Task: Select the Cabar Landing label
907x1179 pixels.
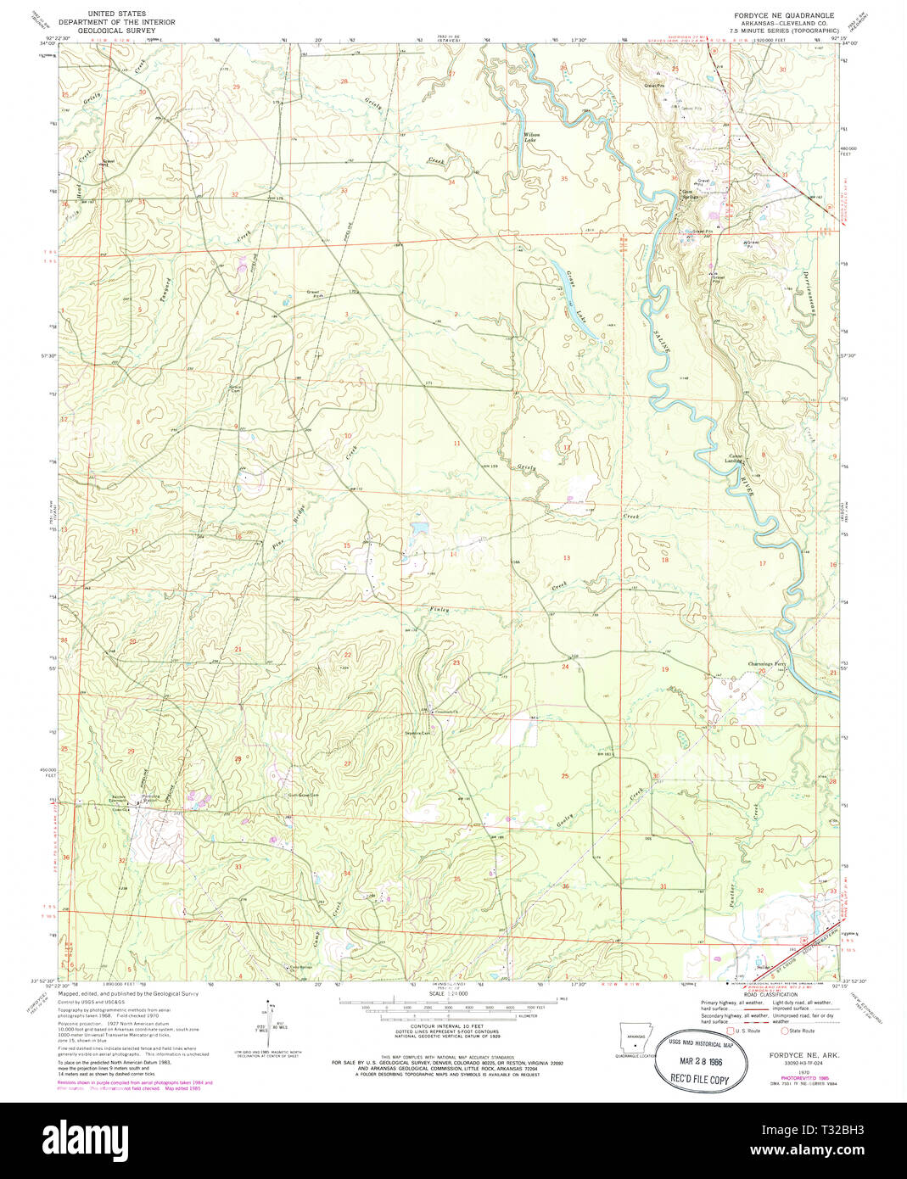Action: point(734,459)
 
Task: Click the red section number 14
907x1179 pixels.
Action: point(453,554)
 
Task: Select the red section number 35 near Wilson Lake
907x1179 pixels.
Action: point(564,178)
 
